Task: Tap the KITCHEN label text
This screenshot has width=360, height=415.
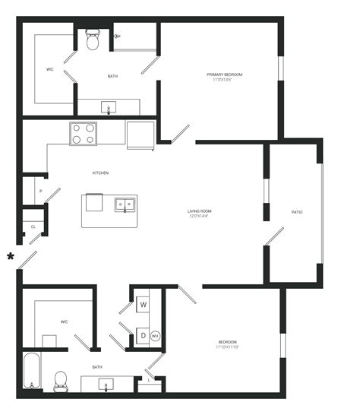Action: pos(100,173)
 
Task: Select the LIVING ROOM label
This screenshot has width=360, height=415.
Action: pos(200,211)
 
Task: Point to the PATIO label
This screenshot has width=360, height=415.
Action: pos(297,212)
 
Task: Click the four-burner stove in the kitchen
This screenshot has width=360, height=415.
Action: pos(84,134)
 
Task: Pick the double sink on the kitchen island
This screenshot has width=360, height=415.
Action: pos(125,204)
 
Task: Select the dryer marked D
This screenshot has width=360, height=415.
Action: pos(143,335)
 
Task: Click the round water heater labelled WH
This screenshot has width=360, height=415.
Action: pos(155,336)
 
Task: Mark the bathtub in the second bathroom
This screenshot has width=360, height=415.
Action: pos(31,370)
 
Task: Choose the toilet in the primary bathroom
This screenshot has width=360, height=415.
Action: pos(93,40)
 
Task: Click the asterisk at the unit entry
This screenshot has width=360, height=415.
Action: pos(11,256)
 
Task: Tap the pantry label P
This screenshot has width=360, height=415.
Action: pos(31,191)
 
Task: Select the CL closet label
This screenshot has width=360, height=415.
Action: pos(33,227)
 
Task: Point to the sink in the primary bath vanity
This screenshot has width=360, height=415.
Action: pos(108,107)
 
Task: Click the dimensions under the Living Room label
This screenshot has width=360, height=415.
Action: pos(200,217)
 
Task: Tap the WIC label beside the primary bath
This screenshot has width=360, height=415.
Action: pos(49,69)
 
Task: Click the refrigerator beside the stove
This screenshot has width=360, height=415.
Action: pos(141,135)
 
